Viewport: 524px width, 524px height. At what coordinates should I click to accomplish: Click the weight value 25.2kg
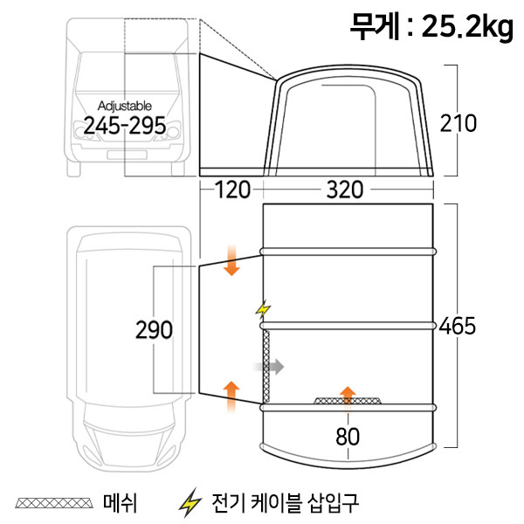467,27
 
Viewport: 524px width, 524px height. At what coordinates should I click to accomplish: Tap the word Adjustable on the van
125,106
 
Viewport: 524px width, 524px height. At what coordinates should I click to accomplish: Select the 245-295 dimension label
124,126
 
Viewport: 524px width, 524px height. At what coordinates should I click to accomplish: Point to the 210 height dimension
458,123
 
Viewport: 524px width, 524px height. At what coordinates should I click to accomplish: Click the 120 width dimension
232,190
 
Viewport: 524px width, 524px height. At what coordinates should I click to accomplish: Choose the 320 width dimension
345,190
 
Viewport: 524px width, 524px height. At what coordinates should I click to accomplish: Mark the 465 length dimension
457,326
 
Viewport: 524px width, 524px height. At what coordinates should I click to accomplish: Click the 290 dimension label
154,330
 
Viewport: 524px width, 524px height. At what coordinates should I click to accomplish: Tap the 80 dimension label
348,436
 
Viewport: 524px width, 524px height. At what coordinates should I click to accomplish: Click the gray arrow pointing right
269,367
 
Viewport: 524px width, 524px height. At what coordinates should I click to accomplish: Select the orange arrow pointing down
231,260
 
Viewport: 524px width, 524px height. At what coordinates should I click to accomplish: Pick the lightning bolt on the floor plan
263,309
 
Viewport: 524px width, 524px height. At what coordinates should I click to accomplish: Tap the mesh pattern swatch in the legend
54,503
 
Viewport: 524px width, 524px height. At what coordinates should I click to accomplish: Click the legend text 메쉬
120,503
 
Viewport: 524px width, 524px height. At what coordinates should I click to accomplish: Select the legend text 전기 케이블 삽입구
285,503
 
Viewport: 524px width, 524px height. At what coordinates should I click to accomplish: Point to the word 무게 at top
375,27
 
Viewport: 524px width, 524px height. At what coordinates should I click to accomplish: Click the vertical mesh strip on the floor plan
266,367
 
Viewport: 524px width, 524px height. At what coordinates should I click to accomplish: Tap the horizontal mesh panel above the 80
348,401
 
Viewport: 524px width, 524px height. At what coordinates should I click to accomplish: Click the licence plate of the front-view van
127,155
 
